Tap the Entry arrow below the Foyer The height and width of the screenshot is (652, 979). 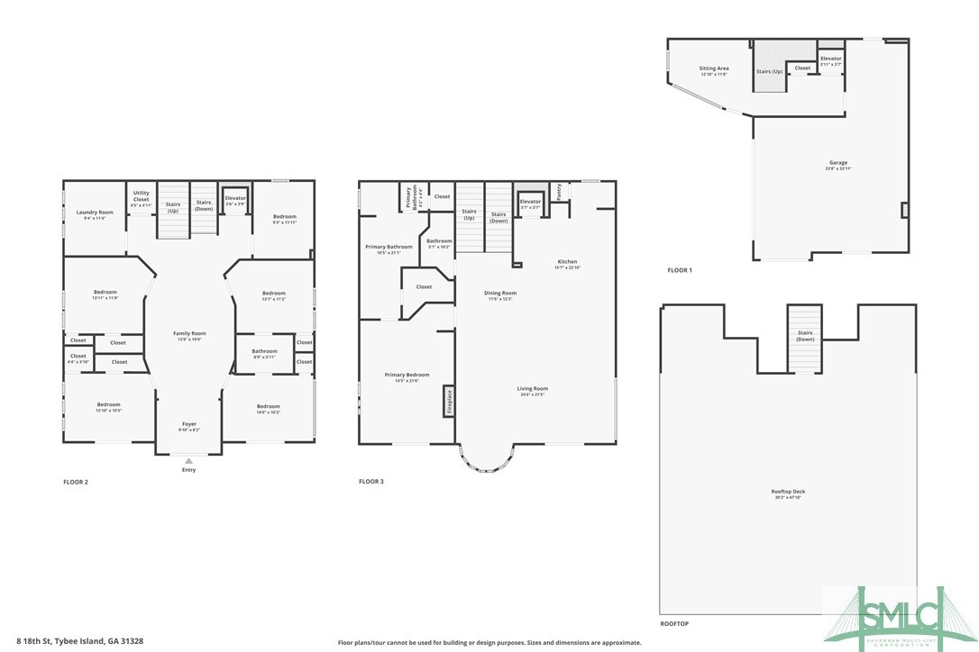[x=188, y=461]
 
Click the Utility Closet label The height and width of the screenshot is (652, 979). [x=142, y=197]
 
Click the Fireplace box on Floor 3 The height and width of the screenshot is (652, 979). [x=448, y=401]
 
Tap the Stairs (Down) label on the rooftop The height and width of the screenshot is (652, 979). [x=805, y=336]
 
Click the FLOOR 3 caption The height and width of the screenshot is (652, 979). [x=371, y=482]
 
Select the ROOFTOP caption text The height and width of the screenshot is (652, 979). [x=675, y=623]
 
